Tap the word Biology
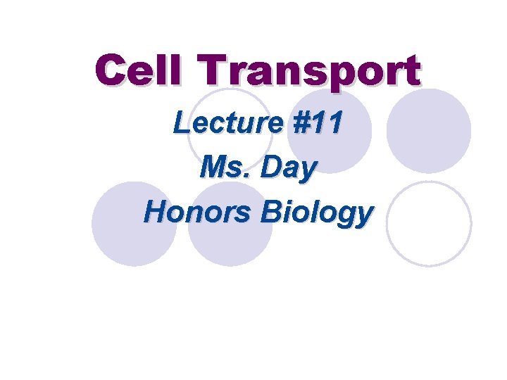(x=316, y=213)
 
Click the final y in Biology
(x=361, y=215)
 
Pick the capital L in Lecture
(x=182, y=124)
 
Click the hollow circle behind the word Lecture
(x=230, y=130)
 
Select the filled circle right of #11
(x=429, y=130)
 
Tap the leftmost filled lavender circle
(x=133, y=223)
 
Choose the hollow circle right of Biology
(x=429, y=223)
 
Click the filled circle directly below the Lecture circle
(x=230, y=223)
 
